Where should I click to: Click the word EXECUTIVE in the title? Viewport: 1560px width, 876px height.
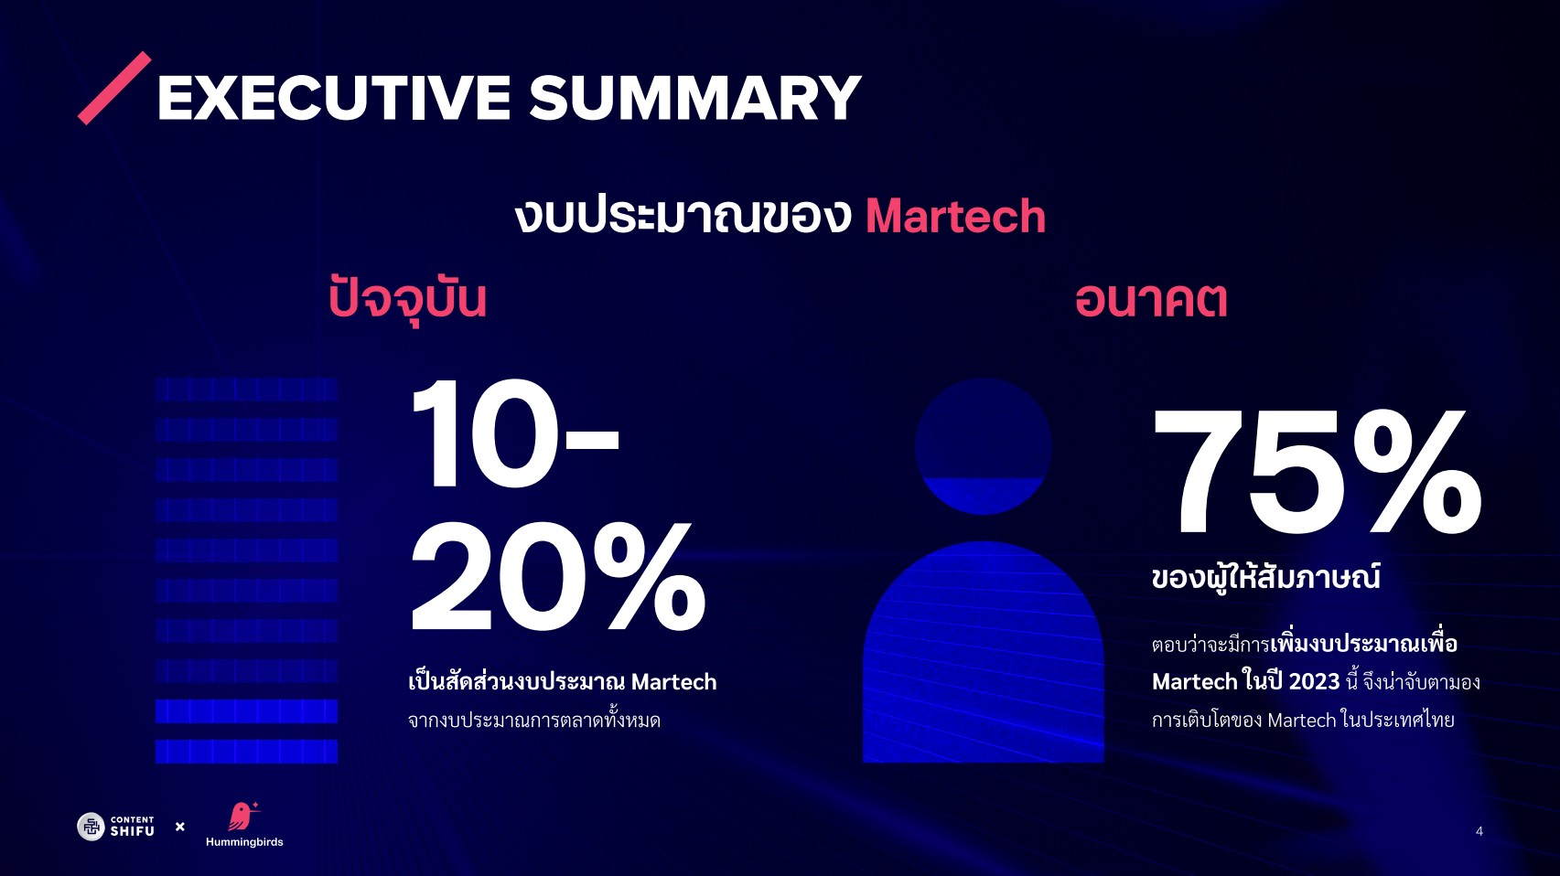tap(334, 98)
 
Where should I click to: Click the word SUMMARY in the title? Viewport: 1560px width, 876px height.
tap(695, 98)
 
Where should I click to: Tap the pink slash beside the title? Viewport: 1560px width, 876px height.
tap(114, 89)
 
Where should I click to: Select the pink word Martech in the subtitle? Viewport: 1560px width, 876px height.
tap(955, 217)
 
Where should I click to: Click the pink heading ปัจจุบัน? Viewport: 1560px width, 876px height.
tap(407, 299)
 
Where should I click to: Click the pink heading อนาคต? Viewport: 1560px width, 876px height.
tap(1150, 301)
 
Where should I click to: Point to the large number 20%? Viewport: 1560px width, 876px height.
tap(558, 577)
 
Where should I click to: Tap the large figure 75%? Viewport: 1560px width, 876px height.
tap(1317, 471)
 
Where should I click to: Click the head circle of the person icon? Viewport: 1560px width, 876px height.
tap(983, 446)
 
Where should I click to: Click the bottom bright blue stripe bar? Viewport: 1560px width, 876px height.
tap(246, 752)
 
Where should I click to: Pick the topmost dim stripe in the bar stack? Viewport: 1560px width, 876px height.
tap(246, 390)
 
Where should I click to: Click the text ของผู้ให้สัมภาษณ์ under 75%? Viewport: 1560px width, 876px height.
tap(1266, 578)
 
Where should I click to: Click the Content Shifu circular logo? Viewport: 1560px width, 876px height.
tap(91, 827)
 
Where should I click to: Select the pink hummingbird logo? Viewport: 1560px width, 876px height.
tap(243, 817)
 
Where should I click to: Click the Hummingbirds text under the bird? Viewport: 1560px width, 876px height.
tap(244, 842)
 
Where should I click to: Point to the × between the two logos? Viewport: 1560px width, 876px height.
tap(180, 827)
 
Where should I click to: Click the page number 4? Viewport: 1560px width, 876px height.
tap(1479, 831)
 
